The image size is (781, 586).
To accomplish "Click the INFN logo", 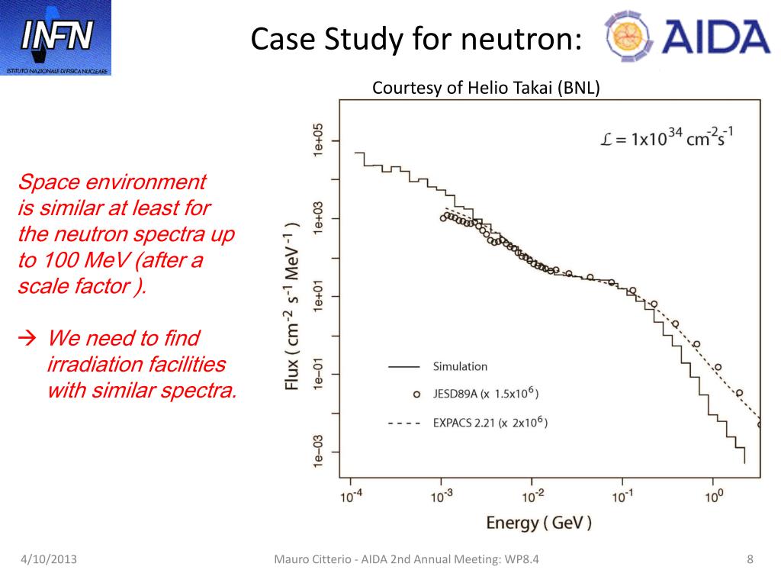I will pos(56,37).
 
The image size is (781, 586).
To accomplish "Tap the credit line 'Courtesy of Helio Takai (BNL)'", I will pos(486,88).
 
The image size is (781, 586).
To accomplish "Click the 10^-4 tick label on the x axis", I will pos(352,496).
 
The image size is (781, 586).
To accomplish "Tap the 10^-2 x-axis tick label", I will pos(532,496).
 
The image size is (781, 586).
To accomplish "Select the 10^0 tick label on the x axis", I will pos(714,496).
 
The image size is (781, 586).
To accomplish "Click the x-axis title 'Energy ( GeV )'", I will pos(538,523).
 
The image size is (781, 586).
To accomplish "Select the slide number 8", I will pos(750,561).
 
